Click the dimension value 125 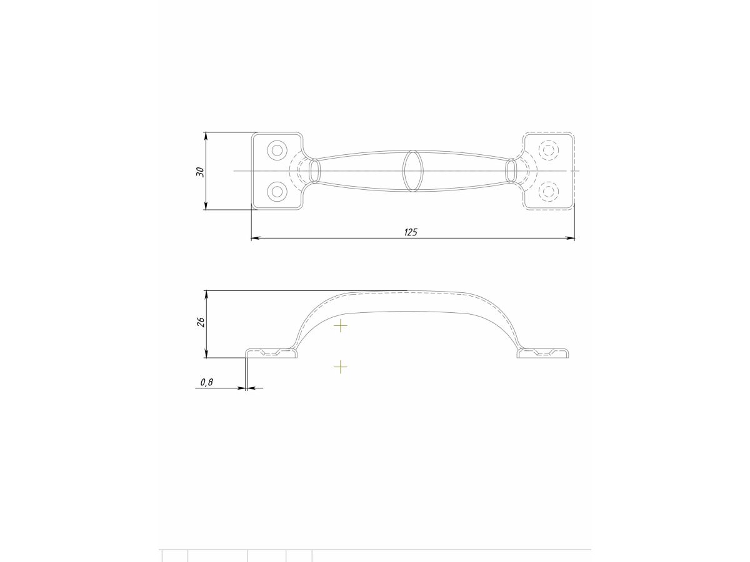point(411,232)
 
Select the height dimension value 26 point(201,322)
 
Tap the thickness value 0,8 point(207,382)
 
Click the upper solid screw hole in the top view point(277,150)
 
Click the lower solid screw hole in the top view point(277,192)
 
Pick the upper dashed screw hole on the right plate point(548,150)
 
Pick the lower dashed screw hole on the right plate point(548,192)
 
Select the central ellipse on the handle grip point(412,171)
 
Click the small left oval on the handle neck point(315,171)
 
